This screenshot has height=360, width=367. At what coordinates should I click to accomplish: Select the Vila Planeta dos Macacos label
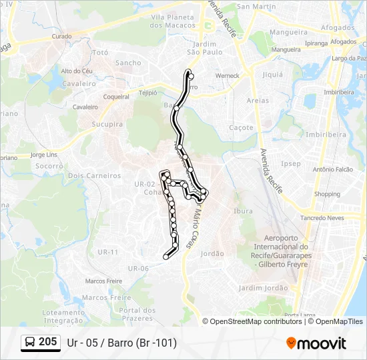167,21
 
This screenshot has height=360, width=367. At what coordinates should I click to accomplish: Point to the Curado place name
61,36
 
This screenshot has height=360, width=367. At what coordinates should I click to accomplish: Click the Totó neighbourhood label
101,52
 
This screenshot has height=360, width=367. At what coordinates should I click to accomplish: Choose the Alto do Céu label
77,71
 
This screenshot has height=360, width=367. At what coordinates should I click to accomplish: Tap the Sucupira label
107,124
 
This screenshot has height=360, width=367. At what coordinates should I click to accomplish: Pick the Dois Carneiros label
95,175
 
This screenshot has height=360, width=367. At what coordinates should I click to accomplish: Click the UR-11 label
107,252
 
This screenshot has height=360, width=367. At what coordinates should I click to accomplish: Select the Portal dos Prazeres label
137,313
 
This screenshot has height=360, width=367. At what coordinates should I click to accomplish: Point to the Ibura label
244,211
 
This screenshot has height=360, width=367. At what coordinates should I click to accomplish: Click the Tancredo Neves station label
322,218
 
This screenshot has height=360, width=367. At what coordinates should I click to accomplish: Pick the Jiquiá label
273,75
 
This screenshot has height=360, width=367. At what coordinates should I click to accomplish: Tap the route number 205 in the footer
47,342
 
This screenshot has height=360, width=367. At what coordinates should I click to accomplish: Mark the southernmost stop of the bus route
165,256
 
